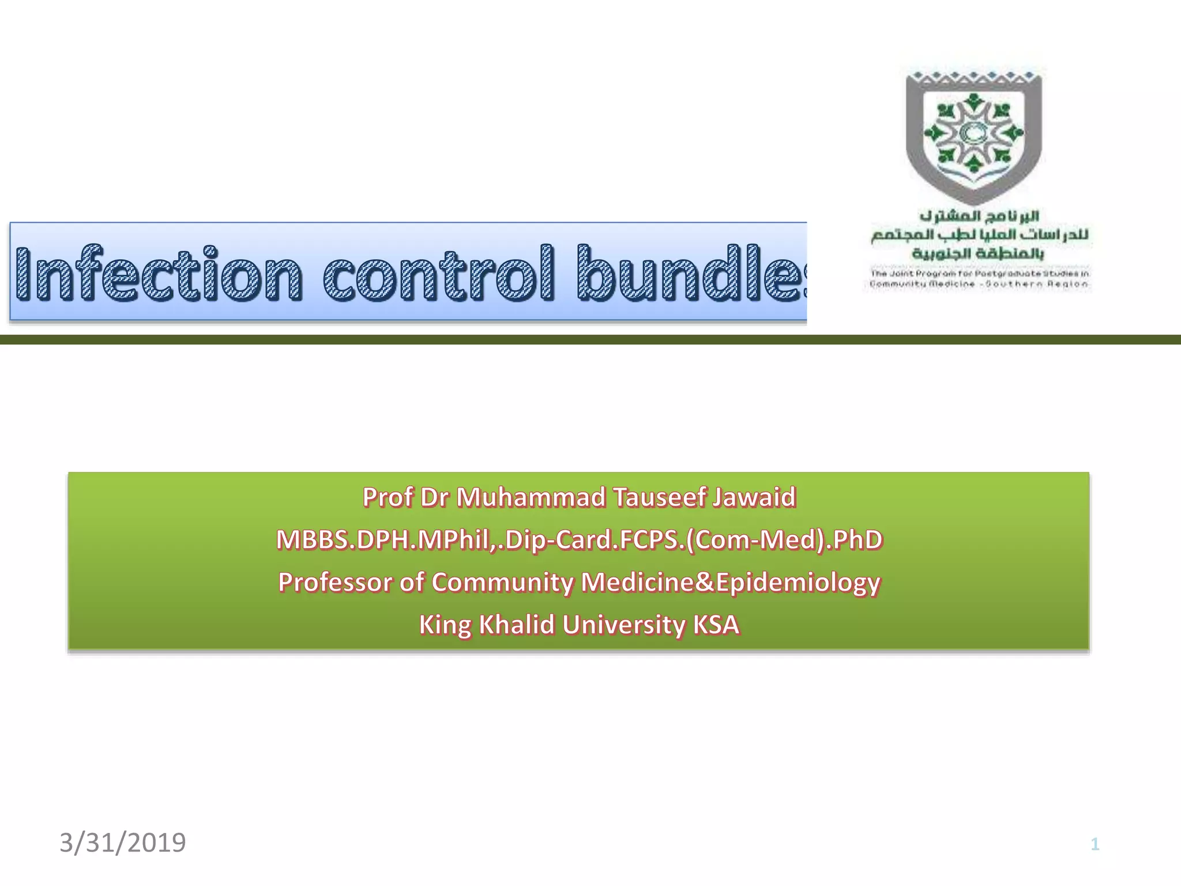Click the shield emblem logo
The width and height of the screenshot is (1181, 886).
coord(973,136)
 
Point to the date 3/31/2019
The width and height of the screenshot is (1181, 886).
coord(123,843)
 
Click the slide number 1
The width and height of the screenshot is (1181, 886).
coord(1095,844)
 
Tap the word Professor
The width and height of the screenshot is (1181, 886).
coord(335,582)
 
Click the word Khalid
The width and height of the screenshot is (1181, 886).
coord(517,625)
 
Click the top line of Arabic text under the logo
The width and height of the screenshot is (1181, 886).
coord(979,216)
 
